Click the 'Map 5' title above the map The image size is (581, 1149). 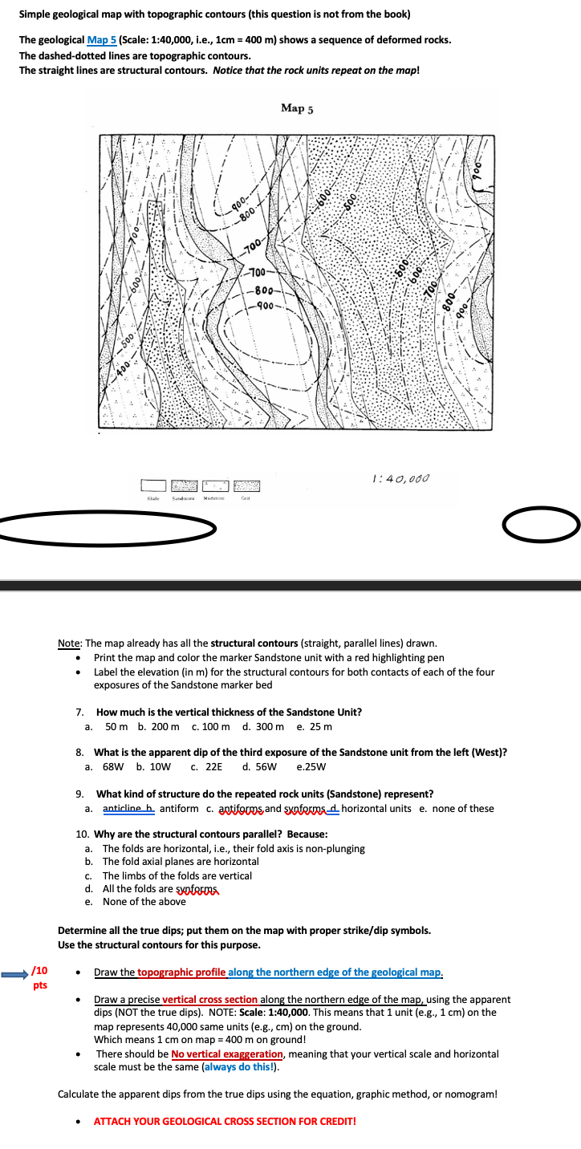[x=297, y=108]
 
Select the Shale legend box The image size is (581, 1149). [x=152, y=486]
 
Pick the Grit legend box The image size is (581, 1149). [x=246, y=486]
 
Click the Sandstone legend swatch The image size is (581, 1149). [x=184, y=486]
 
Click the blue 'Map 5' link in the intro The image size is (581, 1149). [x=101, y=40]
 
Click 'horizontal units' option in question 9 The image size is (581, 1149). [x=376, y=808]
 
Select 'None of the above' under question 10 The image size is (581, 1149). [x=144, y=901]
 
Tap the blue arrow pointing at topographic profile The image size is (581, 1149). [x=14, y=972]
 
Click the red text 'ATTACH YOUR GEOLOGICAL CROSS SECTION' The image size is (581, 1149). [x=225, y=1121]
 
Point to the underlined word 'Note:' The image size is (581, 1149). [x=71, y=643]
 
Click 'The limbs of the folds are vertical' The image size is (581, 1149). [x=177, y=875]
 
